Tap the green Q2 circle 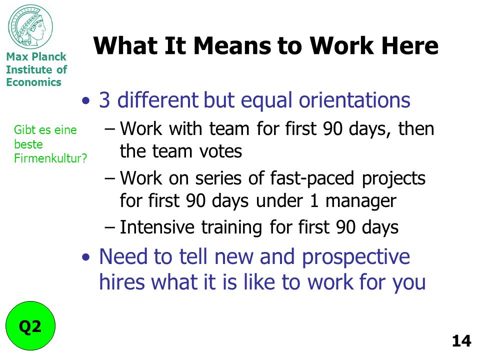30,325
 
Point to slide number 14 461,341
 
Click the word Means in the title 231,45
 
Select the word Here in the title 409,45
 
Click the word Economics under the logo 33,82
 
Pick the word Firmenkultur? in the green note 50,158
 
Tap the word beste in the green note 28,144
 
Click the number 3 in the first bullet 104,100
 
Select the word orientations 354,100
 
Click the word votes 220,151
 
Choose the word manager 361,201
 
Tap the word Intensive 157,227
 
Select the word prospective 355,257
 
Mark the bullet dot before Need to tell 86,257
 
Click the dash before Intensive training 110,228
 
